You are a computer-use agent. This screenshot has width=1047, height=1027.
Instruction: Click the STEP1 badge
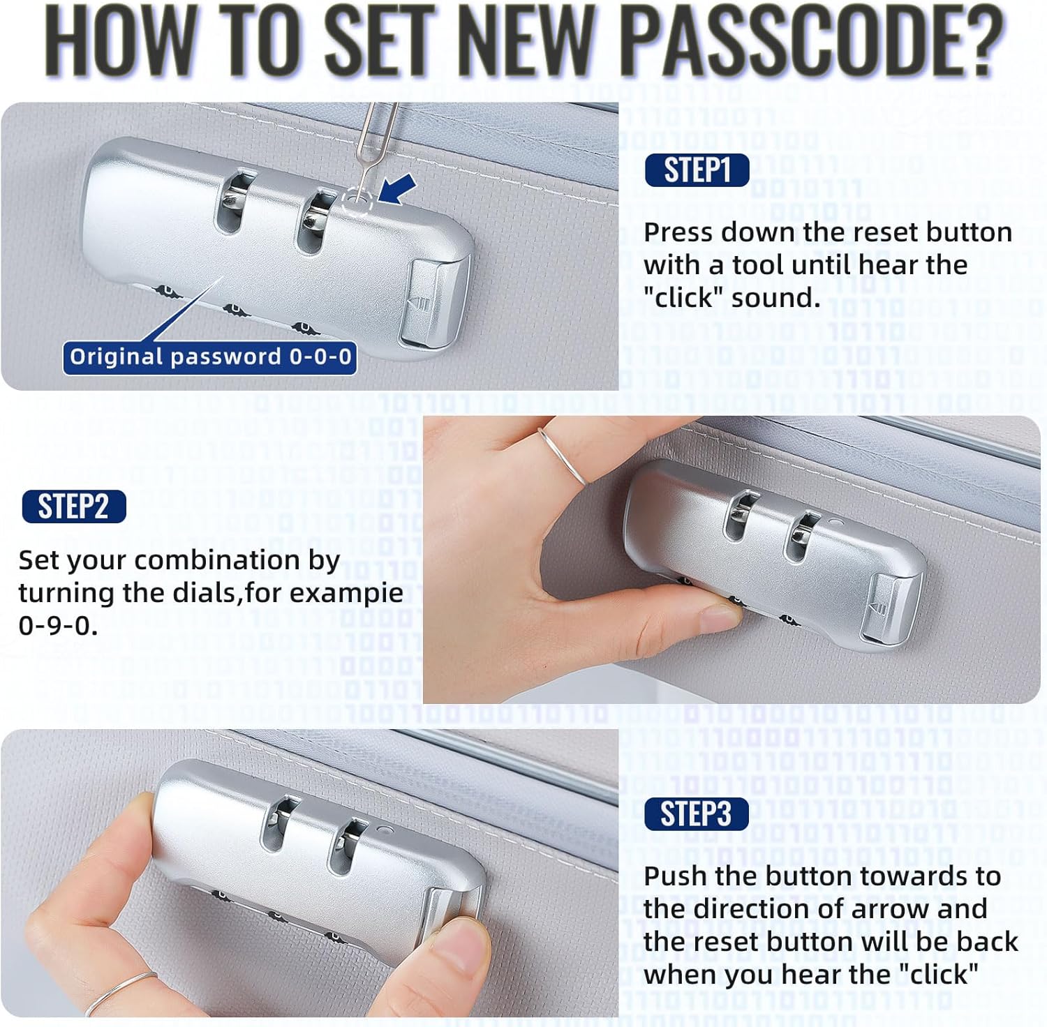click(x=697, y=170)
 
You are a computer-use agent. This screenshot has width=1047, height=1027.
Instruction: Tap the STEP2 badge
click(x=74, y=506)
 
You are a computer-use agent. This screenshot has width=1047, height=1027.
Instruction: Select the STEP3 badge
click(x=696, y=814)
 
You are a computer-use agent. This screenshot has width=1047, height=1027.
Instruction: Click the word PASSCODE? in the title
click(x=812, y=40)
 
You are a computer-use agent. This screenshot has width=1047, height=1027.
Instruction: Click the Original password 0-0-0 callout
click(x=210, y=357)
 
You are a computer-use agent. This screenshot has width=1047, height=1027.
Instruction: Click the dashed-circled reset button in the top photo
click(x=357, y=203)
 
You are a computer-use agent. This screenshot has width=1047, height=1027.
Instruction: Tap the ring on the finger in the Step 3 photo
click(x=120, y=994)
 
